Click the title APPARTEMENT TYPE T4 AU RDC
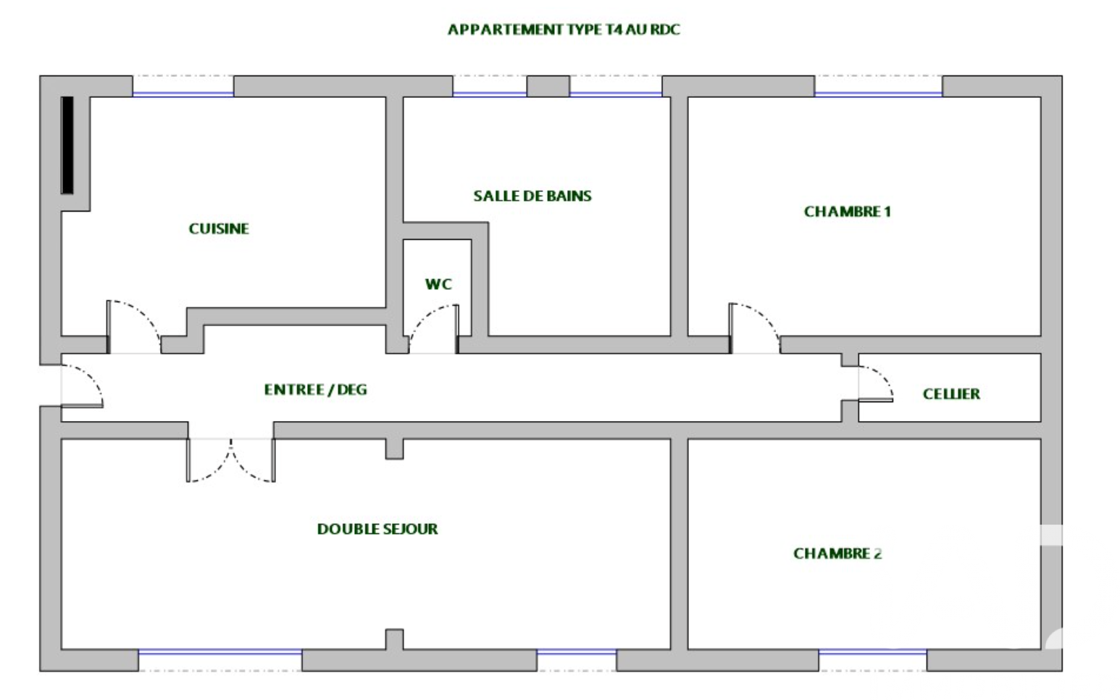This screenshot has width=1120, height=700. coord(564,30)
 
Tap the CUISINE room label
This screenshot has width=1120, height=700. coord(219,228)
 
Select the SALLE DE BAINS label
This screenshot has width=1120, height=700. coord(532,196)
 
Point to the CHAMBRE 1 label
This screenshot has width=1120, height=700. coord(848,212)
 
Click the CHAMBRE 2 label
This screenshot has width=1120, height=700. coord(837,554)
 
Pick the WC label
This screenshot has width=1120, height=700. coord(438,284)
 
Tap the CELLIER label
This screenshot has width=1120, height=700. coord(951,394)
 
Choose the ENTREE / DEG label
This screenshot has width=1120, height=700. coord(316,390)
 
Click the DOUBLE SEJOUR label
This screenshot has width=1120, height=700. coord(377,528)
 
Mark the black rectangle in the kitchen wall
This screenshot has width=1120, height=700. coord(67,145)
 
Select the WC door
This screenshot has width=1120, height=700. coord(433,328)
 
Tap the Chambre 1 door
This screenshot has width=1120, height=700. coord(754,328)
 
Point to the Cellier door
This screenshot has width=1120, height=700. coord(876,383)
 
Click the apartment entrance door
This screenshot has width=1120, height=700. coord(82,386)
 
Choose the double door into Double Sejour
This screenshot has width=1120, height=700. coord(231,460)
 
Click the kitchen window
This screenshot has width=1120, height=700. coord(183,93)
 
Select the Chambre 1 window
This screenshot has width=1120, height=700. coord(879,93)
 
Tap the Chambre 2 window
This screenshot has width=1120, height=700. coord(872,651)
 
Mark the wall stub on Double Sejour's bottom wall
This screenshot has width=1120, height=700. coord(395,639)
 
